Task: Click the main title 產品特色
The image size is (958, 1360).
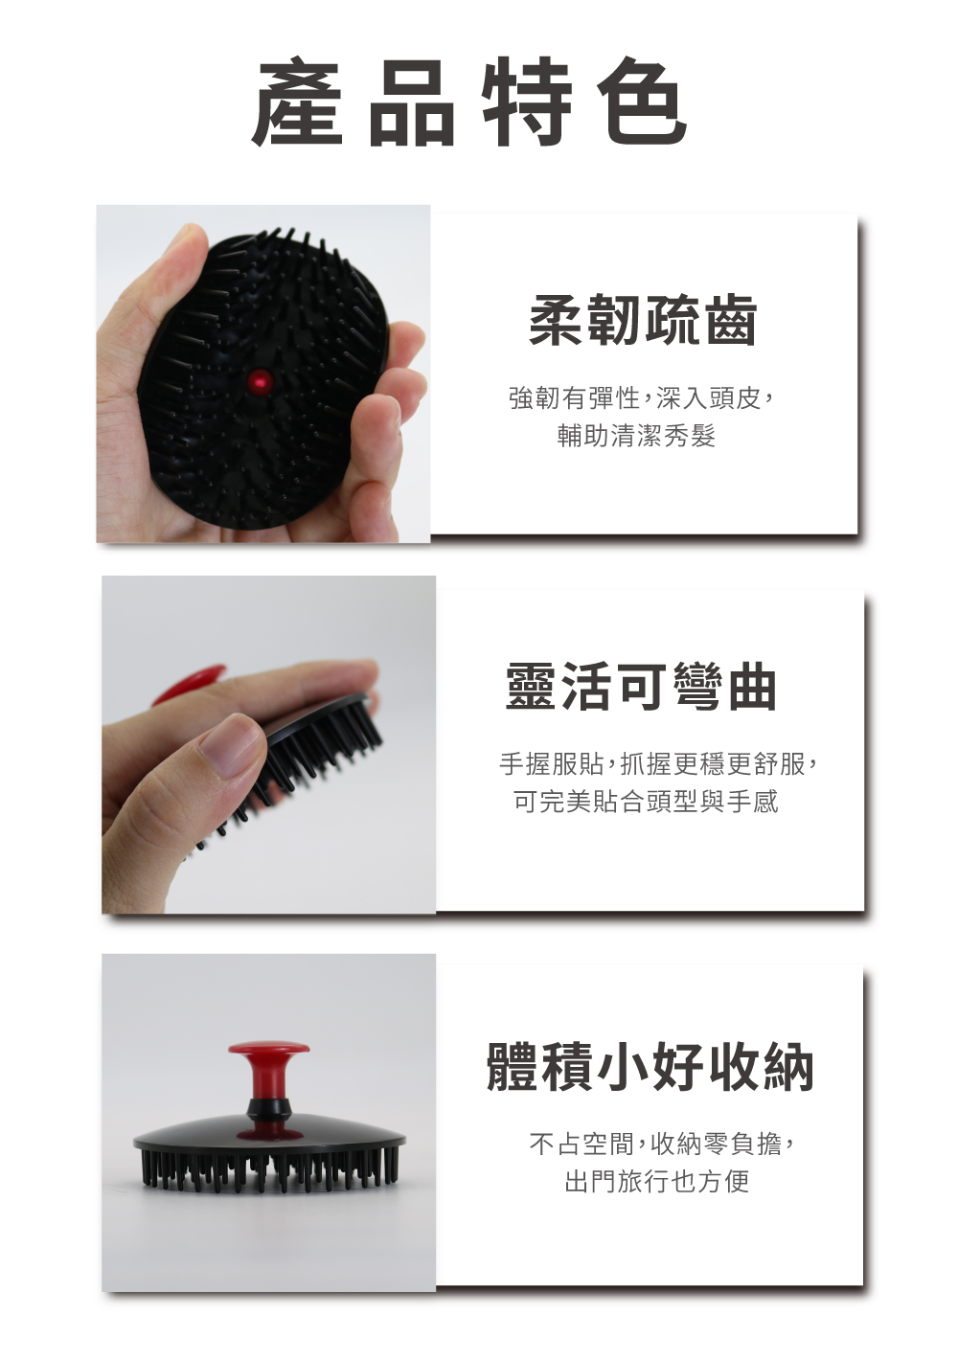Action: click(x=469, y=102)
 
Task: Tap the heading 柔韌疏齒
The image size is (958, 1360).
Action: click(x=643, y=320)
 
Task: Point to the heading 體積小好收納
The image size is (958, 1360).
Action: click(x=650, y=1067)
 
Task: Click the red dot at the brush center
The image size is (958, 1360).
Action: click(x=261, y=381)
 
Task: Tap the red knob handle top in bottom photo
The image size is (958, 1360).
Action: click(x=268, y=1049)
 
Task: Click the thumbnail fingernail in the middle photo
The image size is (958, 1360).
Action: click(x=232, y=743)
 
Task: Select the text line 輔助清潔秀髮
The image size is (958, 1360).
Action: click(x=636, y=436)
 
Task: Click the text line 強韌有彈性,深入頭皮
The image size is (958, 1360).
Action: click(x=641, y=398)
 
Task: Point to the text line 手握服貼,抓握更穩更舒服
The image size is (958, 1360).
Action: click(x=658, y=763)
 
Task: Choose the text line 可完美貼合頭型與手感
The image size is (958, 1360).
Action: click(x=646, y=802)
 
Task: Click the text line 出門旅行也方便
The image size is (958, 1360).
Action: click(x=656, y=1182)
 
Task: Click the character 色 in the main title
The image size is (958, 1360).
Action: click(x=642, y=102)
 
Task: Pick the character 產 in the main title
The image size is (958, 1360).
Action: click(x=297, y=102)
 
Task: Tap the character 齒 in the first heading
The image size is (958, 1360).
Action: click(x=730, y=320)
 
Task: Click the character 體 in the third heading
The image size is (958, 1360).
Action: click(x=512, y=1067)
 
